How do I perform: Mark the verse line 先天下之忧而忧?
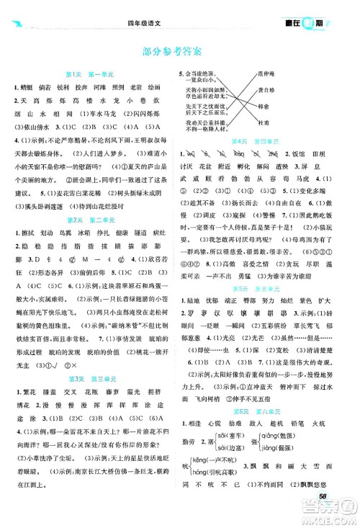click(x=210, y=107)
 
